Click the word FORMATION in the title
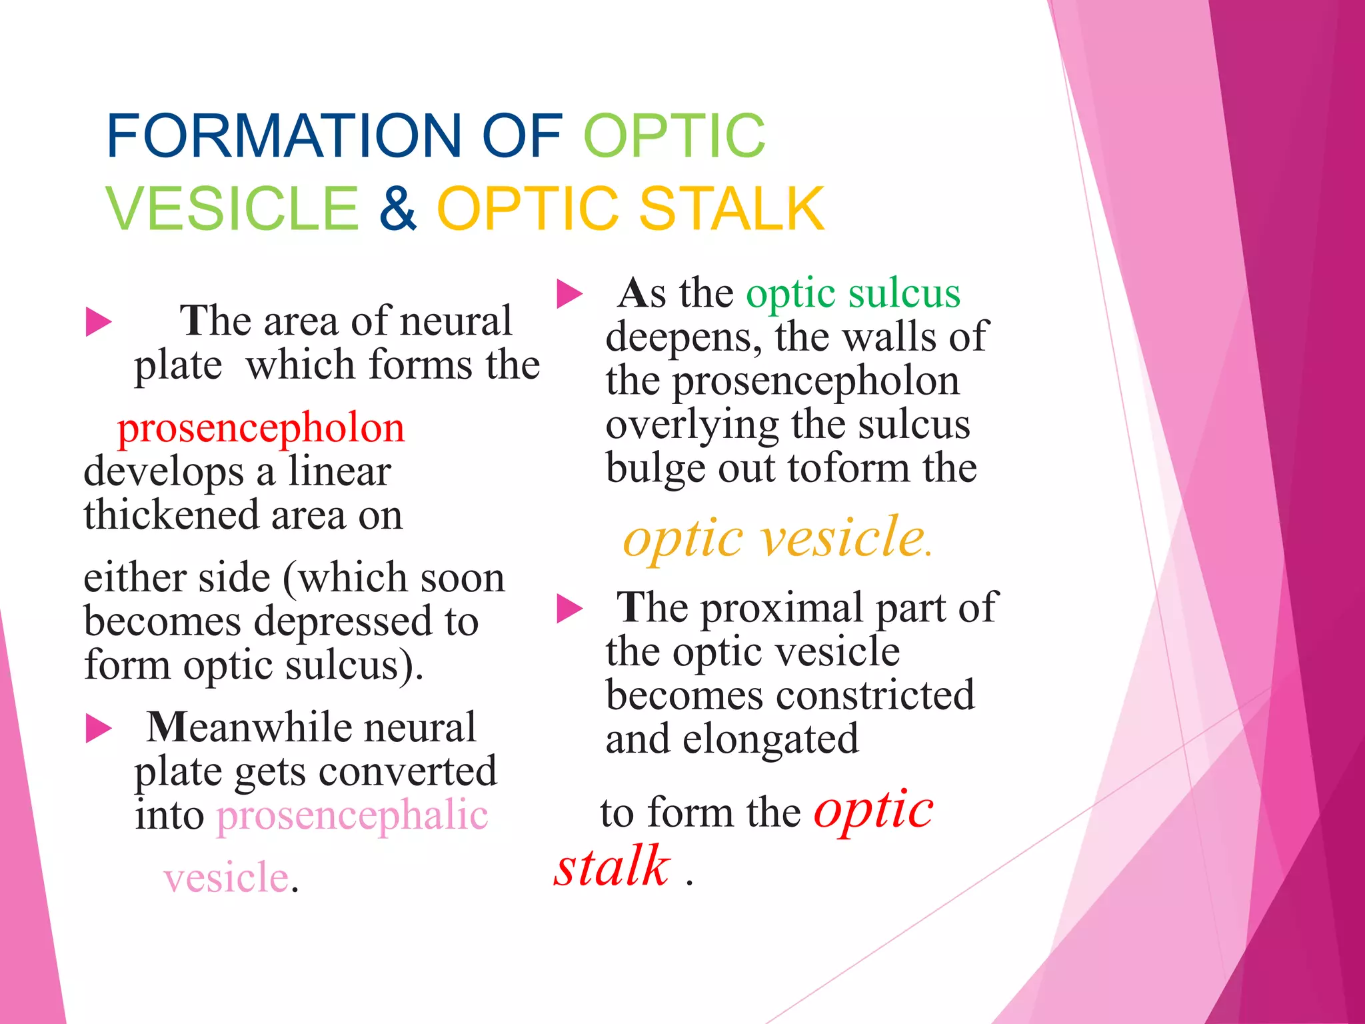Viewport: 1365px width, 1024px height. tap(284, 136)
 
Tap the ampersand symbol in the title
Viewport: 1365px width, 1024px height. tap(398, 209)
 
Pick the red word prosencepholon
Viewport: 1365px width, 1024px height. tap(261, 429)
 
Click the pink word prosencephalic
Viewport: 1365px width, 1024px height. tap(352, 816)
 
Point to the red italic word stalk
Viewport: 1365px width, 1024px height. tap(612, 867)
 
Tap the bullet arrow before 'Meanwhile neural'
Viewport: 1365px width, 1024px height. tap(99, 729)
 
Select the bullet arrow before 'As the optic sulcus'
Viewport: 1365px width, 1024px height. tap(569, 294)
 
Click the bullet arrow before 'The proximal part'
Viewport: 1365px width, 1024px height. tap(569, 608)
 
